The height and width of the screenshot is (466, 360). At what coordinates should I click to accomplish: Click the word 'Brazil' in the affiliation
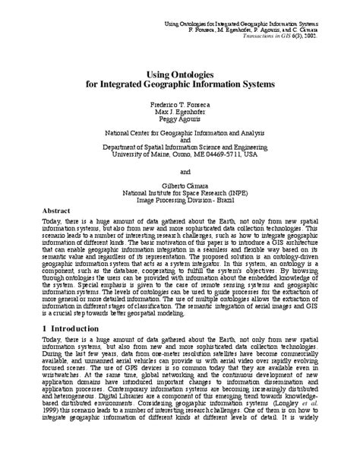(x=244, y=201)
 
